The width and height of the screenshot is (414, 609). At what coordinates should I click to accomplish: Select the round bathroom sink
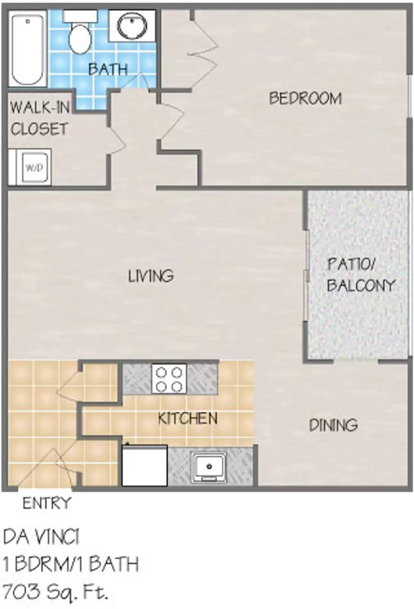[132, 26]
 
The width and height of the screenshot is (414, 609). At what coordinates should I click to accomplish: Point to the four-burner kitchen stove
[169, 378]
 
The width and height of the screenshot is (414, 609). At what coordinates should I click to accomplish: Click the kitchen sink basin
[209, 466]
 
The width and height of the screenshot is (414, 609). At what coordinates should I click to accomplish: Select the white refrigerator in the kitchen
[144, 465]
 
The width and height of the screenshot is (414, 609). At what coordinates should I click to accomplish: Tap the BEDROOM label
[305, 99]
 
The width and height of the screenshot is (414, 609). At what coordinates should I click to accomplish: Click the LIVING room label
[151, 276]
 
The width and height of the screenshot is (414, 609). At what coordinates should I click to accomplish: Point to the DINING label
[333, 425]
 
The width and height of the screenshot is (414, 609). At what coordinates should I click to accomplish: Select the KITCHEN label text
[188, 419]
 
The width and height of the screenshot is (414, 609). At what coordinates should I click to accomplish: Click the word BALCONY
[361, 285]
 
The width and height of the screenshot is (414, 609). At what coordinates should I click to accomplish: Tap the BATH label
[108, 69]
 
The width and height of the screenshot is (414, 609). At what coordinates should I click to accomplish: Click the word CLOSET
[39, 129]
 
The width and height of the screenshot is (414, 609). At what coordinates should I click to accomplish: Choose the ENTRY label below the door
[47, 503]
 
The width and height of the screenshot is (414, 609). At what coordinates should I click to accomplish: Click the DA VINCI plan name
[42, 537]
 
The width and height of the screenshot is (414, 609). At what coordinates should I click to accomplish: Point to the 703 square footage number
[21, 592]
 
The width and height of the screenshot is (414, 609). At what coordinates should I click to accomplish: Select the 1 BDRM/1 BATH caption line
[71, 564]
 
